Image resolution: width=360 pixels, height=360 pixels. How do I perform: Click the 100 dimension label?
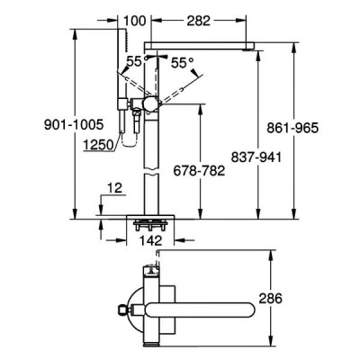(135, 21)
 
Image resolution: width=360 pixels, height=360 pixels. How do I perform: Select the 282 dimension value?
(198, 21)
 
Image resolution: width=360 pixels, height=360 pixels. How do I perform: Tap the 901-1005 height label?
(74, 124)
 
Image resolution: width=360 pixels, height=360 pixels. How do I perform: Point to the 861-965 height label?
(292, 129)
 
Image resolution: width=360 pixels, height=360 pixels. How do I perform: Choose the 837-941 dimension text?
(256, 157)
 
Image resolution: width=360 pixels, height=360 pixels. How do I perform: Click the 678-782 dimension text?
(199, 171)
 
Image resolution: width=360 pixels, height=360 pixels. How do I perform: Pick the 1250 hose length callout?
(98, 145)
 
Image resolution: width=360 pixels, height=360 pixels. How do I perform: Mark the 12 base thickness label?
(115, 188)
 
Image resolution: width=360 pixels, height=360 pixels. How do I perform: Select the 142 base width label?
(150, 241)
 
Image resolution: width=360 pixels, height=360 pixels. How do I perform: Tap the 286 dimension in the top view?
(271, 299)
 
